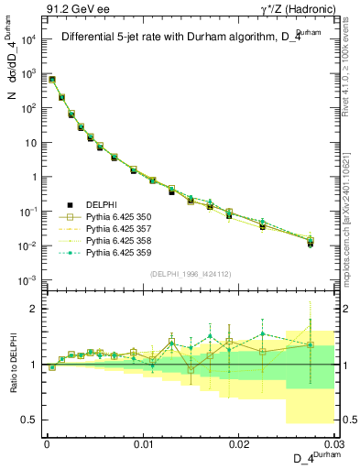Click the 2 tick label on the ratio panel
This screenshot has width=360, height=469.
pos(31,309)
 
